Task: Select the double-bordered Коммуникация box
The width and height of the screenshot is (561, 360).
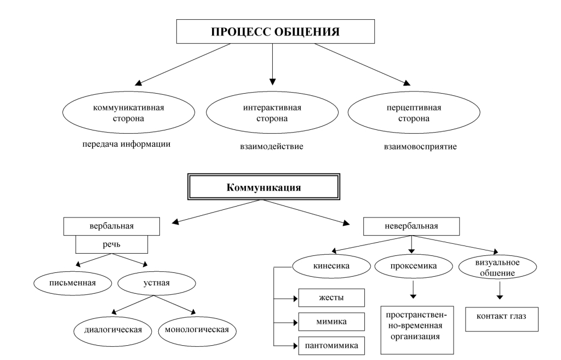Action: [x=264, y=186]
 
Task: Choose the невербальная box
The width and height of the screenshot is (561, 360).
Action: [x=411, y=225]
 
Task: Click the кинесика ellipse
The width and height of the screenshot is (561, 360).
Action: [x=329, y=267]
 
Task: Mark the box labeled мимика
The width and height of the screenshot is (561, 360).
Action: [x=331, y=321]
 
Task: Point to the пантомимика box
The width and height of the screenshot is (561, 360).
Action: [x=331, y=345]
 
